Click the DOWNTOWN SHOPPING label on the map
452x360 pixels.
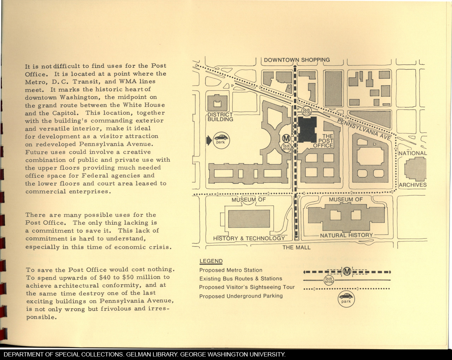[297, 60]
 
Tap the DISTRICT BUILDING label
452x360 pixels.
[220, 117]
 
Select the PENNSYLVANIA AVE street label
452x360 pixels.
[364, 129]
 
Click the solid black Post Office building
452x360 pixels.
[307, 129]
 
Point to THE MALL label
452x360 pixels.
[296, 247]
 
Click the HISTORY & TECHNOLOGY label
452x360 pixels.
[249, 238]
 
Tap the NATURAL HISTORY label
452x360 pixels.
[346, 235]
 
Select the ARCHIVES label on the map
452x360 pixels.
[413, 185]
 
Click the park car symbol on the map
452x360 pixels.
[221, 140]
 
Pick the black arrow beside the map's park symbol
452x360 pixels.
[209, 140]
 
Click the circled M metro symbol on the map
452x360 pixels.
[286, 138]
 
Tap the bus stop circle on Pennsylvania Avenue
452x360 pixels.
[307, 111]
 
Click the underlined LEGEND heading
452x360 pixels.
[211, 261]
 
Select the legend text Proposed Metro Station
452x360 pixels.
[231, 270]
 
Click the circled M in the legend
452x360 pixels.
[347, 272]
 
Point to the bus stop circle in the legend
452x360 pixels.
[329, 280]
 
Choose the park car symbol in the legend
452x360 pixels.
[346, 299]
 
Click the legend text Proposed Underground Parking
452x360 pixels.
[241, 296]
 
